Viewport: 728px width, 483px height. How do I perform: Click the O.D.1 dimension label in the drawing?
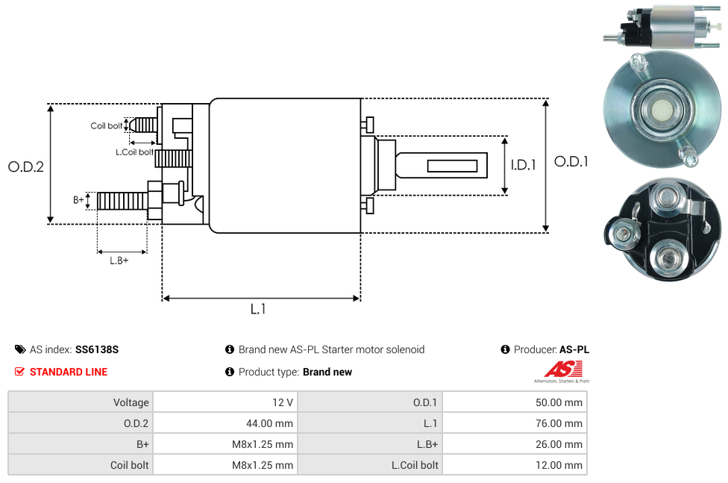[x=571, y=161]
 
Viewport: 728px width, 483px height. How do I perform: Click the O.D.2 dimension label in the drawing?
[x=26, y=167]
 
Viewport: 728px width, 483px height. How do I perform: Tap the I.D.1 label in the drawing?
[x=523, y=166]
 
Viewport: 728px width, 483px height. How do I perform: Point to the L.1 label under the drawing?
[x=257, y=309]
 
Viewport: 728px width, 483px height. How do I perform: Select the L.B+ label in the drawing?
[x=119, y=261]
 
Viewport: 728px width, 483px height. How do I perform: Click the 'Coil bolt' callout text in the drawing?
[x=107, y=126]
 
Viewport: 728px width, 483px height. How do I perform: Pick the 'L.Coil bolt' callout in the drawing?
[x=134, y=152]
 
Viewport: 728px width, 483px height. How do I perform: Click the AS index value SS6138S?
[x=97, y=349]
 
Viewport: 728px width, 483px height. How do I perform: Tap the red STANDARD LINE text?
[x=68, y=372]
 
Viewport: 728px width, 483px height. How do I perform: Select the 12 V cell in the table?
[x=283, y=402]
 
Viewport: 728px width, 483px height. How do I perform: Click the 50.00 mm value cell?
[x=559, y=402]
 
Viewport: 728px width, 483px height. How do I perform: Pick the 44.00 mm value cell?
[x=269, y=423]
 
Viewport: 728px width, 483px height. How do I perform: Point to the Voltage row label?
[x=131, y=402]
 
